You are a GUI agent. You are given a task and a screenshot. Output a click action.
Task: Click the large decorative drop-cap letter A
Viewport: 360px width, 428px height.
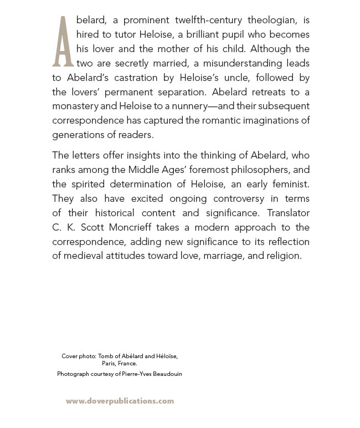(x=63, y=40)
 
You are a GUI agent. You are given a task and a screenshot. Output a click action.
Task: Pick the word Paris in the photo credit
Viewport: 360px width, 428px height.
(x=109, y=364)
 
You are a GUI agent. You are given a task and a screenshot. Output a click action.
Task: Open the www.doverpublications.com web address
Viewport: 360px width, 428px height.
(x=120, y=401)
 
